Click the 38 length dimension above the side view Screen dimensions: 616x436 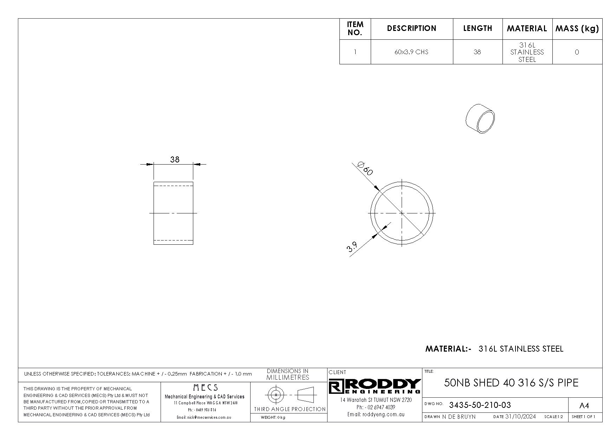pyautogui.click(x=175, y=160)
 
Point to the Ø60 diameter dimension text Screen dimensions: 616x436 pyautogui.click(x=365, y=168)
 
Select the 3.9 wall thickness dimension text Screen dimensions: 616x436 pyautogui.click(x=352, y=247)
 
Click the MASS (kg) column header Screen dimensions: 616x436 pyautogui.click(x=577, y=29)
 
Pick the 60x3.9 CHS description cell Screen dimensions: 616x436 pyautogui.click(x=411, y=52)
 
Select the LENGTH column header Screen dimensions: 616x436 pyautogui.click(x=478, y=28)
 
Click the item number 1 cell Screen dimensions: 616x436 pyautogui.click(x=355, y=52)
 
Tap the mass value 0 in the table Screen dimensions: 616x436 pyautogui.click(x=577, y=52)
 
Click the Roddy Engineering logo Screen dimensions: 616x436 pyautogui.click(x=375, y=386)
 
